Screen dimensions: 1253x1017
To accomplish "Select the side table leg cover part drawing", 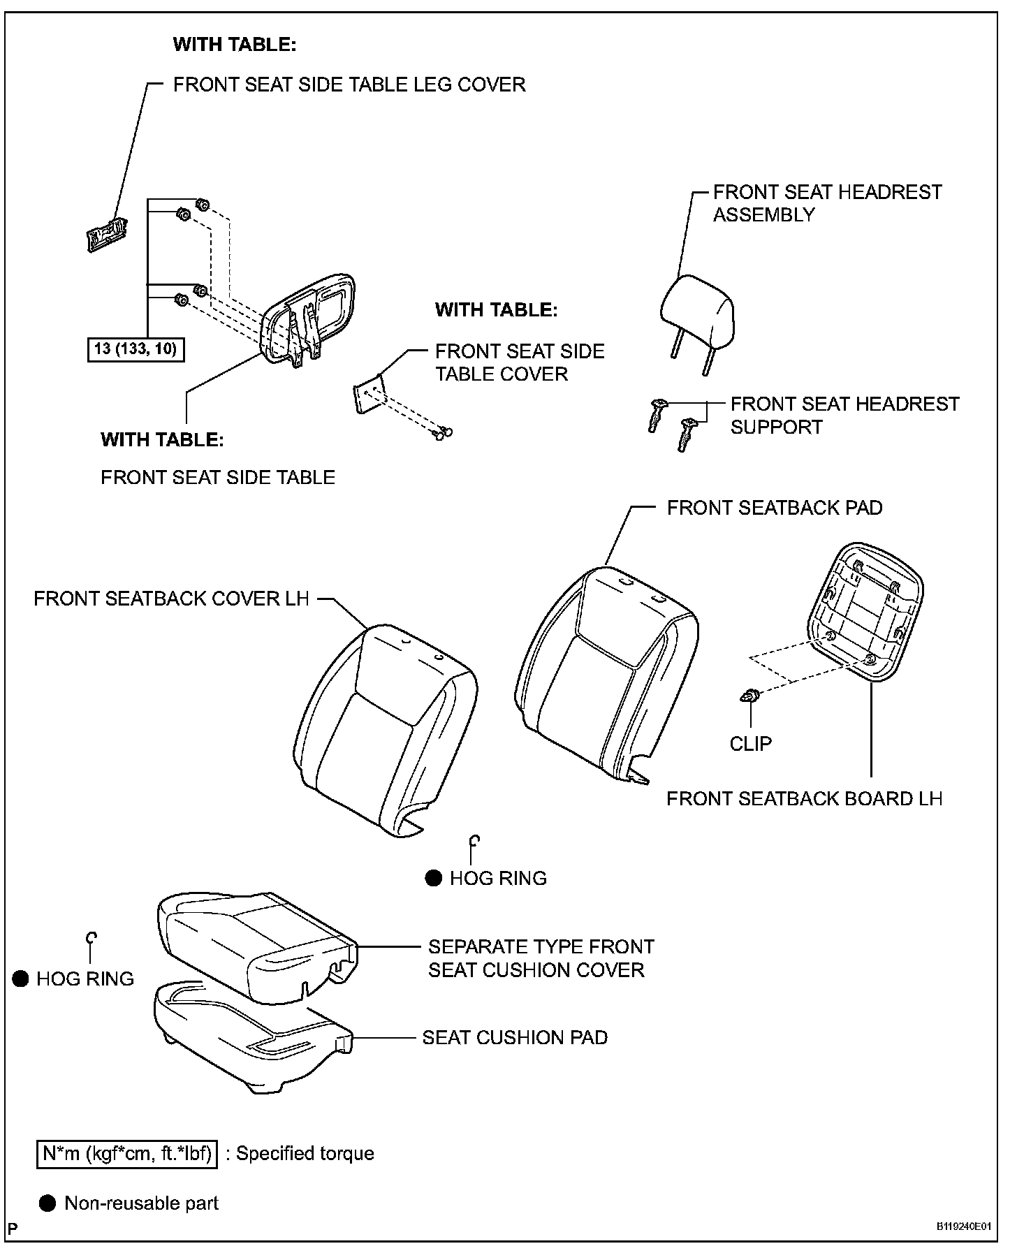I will tap(106, 235).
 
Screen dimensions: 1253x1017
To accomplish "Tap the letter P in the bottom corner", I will tap(13, 1229).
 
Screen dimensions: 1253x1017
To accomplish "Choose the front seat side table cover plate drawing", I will tap(367, 395).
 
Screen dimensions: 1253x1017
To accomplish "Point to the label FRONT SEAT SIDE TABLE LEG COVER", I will tap(349, 85).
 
